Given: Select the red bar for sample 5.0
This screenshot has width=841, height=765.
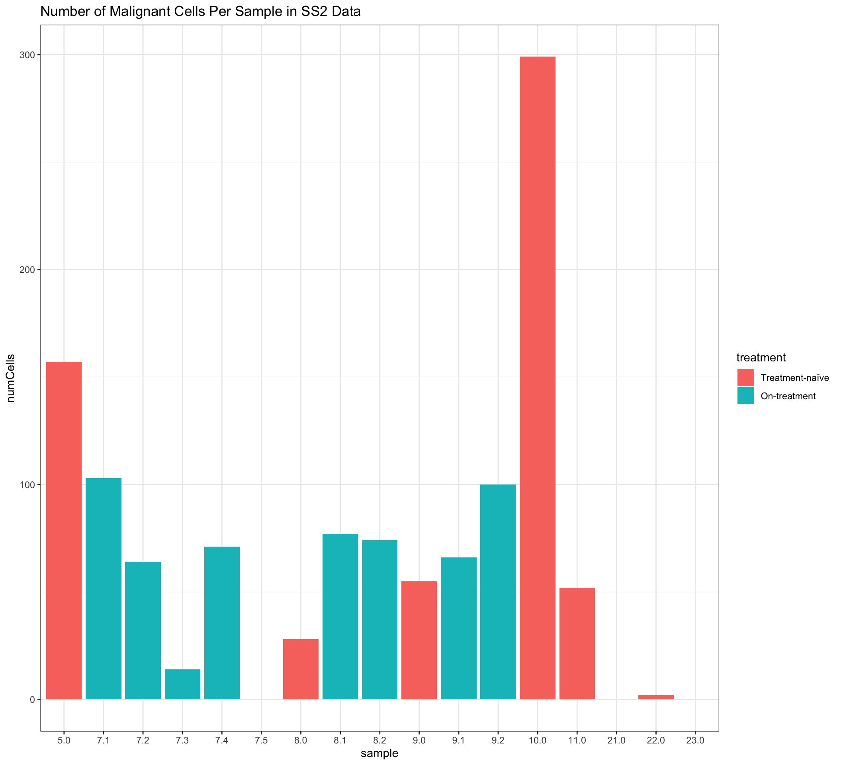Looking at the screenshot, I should pos(64,530).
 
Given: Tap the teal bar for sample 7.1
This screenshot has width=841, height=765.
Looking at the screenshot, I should pos(104,588).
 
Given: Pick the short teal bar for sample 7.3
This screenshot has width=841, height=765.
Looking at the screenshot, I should pos(182,684).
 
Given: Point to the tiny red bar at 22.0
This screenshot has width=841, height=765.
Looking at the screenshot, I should pos(656,697).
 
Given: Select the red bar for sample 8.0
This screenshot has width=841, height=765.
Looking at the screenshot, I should pos(301,669).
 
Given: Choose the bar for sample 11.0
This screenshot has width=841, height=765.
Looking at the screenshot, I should pos(577,643).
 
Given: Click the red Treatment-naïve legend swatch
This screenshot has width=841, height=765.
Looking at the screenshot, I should pos(745,377).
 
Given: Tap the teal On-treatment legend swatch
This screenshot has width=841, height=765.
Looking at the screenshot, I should pos(745,396).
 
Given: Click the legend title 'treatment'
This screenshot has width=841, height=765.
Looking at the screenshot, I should pos(761,358).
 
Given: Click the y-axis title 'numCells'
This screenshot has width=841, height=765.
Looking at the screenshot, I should pos(11,378).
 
